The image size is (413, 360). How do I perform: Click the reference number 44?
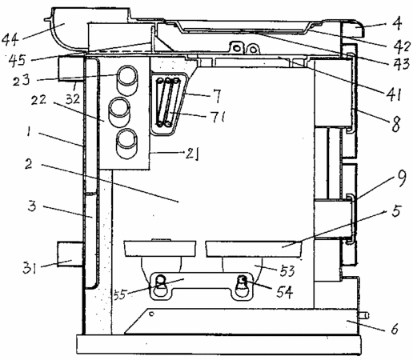[10, 40]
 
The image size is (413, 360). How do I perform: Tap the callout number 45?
[17, 61]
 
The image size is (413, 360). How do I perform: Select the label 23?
[21, 80]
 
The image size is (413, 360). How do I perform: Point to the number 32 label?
[73, 99]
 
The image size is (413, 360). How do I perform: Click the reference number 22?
[39, 101]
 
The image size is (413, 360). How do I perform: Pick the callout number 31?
[29, 268]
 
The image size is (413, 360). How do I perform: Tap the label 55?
[119, 294]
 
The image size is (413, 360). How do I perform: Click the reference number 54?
[284, 291]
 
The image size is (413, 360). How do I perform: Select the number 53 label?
[287, 271]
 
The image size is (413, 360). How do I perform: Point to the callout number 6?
[395, 329]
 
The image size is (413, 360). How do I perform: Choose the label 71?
[219, 117]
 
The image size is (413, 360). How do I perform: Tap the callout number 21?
[192, 154]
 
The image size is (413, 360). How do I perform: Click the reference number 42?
[403, 46]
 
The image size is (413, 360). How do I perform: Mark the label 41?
[394, 94]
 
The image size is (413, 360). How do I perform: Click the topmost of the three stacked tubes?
[128, 80]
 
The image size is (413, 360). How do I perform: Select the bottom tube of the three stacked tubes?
[127, 143]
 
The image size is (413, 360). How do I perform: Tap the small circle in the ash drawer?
[151, 314]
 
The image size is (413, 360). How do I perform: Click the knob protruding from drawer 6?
[364, 316]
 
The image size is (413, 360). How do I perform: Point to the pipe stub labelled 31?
[70, 254]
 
